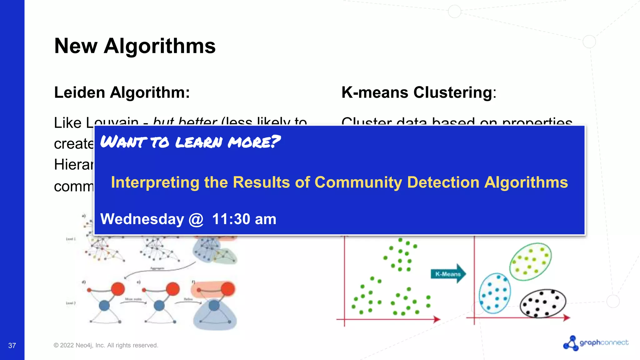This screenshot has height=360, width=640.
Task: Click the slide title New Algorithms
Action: point(135,46)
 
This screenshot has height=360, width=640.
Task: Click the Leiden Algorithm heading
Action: point(122,92)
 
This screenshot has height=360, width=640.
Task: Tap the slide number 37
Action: point(12,345)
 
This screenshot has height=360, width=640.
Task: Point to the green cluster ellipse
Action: point(530,262)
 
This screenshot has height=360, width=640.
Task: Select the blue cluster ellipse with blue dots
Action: point(495,293)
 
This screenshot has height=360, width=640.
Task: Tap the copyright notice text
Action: point(106,345)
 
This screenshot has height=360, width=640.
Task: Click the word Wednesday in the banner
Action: point(142,219)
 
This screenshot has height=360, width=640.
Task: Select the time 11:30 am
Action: point(244,219)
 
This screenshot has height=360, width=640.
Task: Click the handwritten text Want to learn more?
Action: point(190,142)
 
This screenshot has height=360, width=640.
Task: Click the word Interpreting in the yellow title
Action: point(155,182)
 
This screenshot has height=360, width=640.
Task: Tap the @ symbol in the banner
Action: point(196,219)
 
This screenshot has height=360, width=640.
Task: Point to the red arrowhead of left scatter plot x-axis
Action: point(437,319)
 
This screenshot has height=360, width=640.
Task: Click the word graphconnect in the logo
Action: point(604,342)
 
